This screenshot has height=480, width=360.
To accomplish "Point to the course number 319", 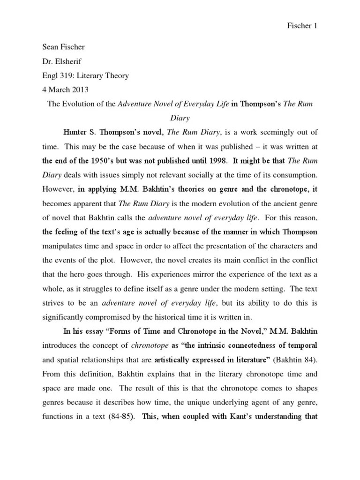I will pos(67,75).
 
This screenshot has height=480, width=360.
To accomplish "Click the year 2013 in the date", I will pos(76,90).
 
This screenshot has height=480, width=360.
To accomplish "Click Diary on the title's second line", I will pos(180,118).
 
